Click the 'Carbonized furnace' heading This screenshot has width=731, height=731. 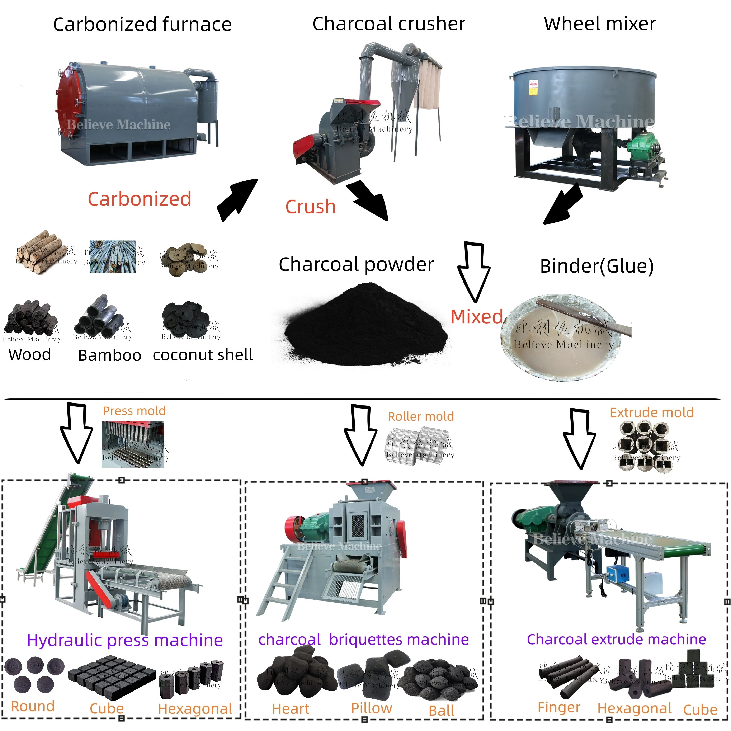pyautogui.click(x=142, y=25)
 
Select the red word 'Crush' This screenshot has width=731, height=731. pyautogui.click(x=310, y=207)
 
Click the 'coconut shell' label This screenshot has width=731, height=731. pyautogui.click(x=202, y=355)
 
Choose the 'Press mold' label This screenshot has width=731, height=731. pyautogui.click(x=134, y=411)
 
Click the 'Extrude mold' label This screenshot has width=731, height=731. pyautogui.click(x=652, y=412)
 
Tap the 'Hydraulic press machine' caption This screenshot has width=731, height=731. pyautogui.click(x=125, y=640)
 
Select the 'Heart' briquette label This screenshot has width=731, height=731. pyautogui.click(x=291, y=709)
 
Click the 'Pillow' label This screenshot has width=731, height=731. pyautogui.click(x=372, y=708)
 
